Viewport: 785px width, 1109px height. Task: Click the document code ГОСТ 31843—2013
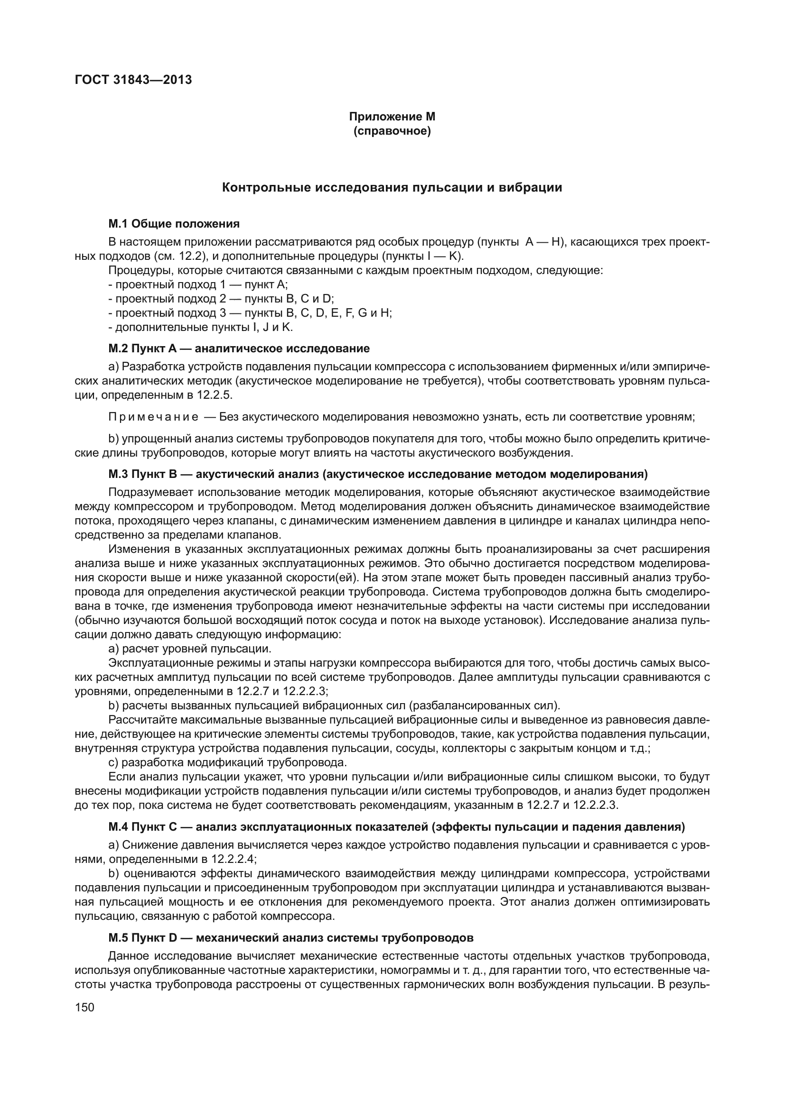pos(133,80)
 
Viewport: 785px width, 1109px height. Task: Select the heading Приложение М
pos(392,117)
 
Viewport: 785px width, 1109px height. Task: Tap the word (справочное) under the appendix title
pos(392,131)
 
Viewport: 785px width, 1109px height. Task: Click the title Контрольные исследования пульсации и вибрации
pos(392,188)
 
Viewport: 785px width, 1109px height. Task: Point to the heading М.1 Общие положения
pos(174,224)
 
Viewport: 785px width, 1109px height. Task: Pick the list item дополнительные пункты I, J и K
pos(201,327)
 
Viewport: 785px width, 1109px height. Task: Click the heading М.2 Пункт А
pos(239,348)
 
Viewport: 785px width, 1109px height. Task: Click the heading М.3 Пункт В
pos(377,474)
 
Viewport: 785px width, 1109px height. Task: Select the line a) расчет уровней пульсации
pos(189,648)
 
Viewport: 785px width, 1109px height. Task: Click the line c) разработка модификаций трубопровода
pos(227,762)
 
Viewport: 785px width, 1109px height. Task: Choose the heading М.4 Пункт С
pos(396,827)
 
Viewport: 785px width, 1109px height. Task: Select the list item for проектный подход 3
pos(250,313)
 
